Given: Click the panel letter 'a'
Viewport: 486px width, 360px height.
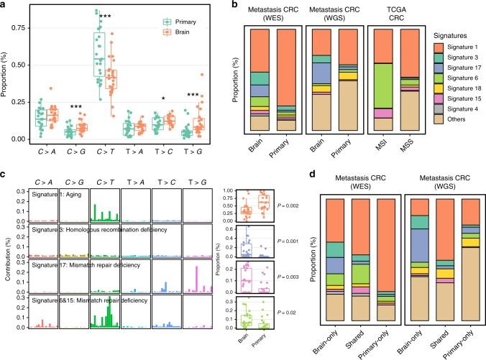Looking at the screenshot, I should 4,5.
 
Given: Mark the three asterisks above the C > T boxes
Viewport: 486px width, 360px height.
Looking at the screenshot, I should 105,16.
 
